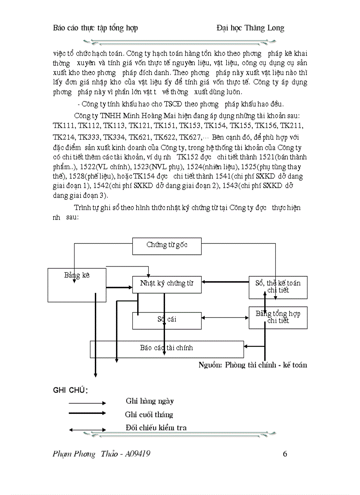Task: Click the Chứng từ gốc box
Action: (x=167, y=246)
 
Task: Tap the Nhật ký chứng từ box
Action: (x=167, y=284)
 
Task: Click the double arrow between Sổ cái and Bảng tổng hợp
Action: (x=225, y=318)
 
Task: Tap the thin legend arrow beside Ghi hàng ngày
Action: (x=87, y=402)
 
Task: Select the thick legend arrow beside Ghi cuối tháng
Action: (x=87, y=413)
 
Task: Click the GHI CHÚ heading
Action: (x=70, y=391)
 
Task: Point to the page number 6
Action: (x=285, y=454)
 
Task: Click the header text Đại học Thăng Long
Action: (x=250, y=28)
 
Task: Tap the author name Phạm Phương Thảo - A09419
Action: (x=101, y=454)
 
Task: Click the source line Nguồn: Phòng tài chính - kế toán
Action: (x=252, y=365)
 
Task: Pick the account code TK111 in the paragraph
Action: (x=63, y=126)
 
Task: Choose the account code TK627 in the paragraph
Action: (x=190, y=137)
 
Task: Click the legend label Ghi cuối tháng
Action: (x=149, y=415)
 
